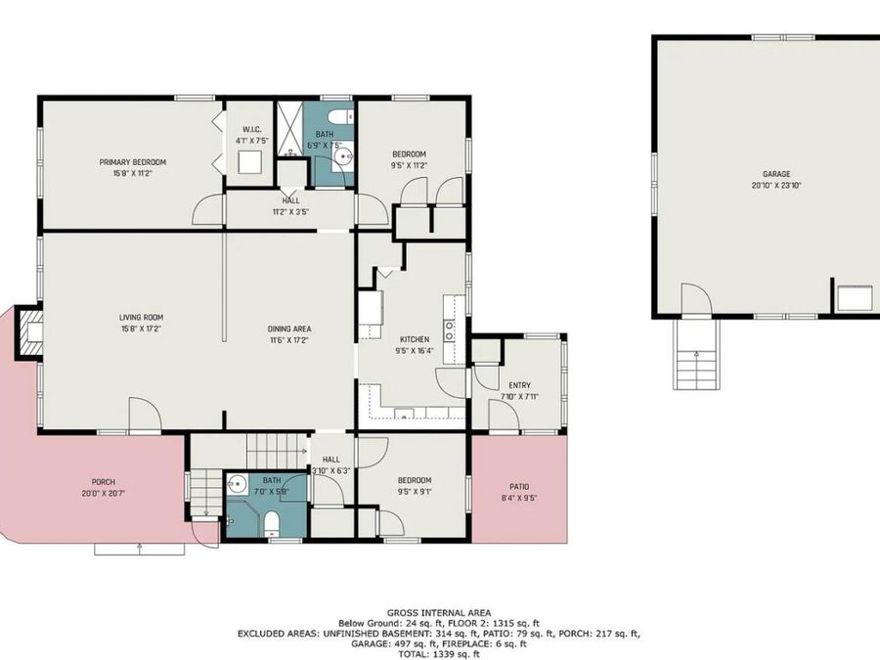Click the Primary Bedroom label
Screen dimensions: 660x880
[x=132, y=161]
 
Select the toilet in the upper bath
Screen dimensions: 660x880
[x=336, y=117]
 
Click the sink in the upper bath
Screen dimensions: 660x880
[x=341, y=156]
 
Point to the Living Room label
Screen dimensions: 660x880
[x=141, y=317]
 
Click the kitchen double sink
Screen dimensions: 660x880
[x=449, y=330]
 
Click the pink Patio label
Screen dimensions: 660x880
[x=518, y=486]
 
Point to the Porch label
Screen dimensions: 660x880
[x=104, y=482]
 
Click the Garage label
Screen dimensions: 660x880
[x=770, y=174]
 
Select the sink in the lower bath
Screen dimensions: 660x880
[x=237, y=484]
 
